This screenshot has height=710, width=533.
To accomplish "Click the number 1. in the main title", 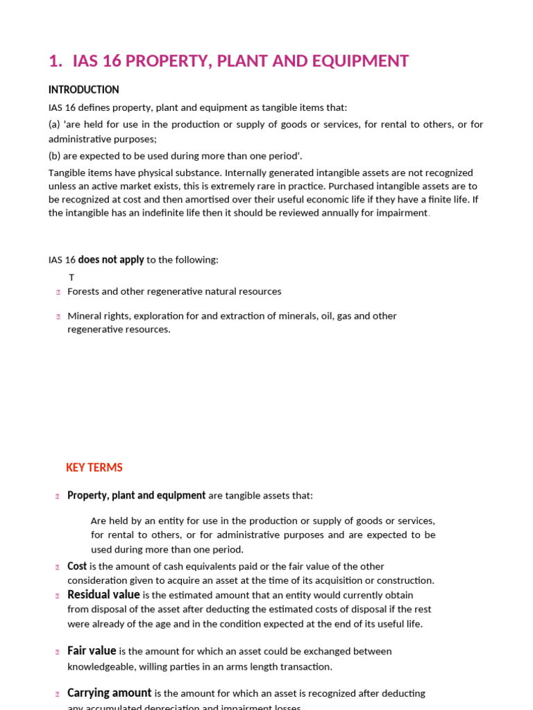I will point(56,61).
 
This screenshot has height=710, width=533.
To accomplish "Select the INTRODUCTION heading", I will point(83,89).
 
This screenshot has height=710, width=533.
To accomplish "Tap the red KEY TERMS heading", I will point(94,467).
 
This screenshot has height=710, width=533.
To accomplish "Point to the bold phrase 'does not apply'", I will point(111,259).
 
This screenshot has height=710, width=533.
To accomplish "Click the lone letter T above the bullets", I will point(71,277).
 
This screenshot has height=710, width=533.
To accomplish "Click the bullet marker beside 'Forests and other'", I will point(58,292).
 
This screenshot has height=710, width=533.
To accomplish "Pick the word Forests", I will point(83,291).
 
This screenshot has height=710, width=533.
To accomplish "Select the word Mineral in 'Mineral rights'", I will point(84,315).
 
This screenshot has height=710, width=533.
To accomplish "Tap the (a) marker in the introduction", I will point(55,124).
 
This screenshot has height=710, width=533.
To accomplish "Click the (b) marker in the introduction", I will point(55,156).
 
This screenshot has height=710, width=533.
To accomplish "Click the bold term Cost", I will point(77,566).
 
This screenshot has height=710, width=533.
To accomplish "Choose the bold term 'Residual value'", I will point(103,594).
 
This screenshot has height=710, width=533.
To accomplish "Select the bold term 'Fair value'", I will point(92,650).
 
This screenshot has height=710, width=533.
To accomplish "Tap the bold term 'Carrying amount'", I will point(109,693).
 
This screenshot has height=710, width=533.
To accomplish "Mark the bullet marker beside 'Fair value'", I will point(58,652).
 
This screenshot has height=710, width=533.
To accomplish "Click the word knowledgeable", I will point(101,666).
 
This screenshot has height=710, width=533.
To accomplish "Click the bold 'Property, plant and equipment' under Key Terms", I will point(136,495).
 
